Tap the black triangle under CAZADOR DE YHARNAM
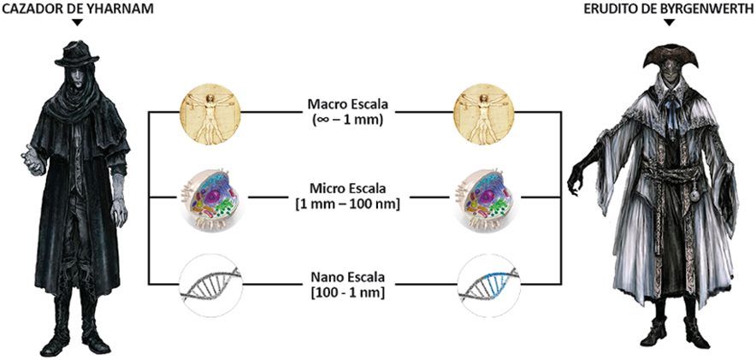pyautogui.click(x=77, y=23)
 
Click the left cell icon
pyautogui.click(x=210, y=198)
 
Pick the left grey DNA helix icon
pyautogui.click(x=210, y=281)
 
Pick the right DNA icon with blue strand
pyautogui.click(x=487, y=281)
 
